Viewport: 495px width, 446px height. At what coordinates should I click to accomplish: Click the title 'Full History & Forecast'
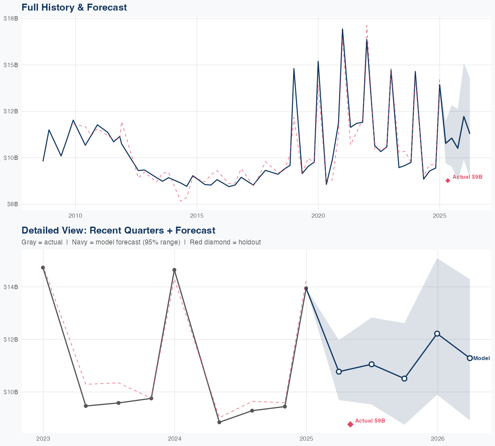point(74,7)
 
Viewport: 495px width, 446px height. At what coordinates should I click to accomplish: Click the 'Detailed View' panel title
point(118,230)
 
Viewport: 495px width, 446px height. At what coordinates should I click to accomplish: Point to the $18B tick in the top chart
point(11,19)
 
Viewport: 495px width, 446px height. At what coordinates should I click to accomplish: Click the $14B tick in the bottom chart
point(11,287)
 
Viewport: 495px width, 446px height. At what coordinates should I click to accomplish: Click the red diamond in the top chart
point(448,180)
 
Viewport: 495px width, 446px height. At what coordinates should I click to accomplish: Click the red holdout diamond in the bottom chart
point(350,424)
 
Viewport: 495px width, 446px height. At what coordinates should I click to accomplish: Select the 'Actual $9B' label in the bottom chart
point(370,421)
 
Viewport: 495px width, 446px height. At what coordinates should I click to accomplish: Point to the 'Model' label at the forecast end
point(481,358)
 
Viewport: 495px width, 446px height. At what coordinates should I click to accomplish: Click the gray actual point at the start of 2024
point(175,270)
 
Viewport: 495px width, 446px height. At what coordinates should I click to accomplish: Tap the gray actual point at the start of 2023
point(43,268)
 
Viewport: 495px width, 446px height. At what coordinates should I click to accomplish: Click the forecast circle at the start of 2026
point(437,334)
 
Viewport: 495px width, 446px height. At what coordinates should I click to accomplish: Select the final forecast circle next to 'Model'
point(470,358)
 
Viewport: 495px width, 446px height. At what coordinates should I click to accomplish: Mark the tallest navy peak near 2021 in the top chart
point(343,29)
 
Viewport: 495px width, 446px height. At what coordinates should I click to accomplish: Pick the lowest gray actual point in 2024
point(219,422)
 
